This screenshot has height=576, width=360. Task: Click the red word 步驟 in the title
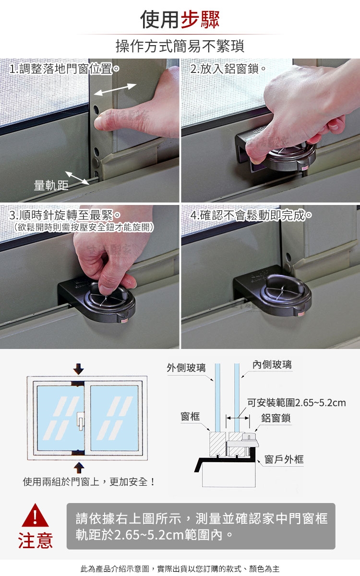(200, 19)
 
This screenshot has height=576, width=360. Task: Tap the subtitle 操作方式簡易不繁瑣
(180, 46)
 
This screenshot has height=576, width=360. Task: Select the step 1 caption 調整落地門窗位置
(65, 69)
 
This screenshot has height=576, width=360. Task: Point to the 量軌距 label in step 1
(51, 185)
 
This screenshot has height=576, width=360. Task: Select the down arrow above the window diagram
(78, 369)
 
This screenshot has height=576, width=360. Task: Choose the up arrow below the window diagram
(79, 468)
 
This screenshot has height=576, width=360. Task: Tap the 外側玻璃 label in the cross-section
(186, 368)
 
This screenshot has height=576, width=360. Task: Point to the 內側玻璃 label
(272, 364)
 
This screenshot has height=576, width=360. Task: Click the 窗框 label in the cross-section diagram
(190, 416)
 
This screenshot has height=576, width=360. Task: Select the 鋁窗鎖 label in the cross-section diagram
(276, 418)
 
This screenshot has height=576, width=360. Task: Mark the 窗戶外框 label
(284, 459)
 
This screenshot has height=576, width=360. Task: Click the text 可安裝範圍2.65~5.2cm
(297, 403)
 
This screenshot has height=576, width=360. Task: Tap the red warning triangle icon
(35, 515)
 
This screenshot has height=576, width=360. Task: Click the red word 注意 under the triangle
(36, 540)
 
